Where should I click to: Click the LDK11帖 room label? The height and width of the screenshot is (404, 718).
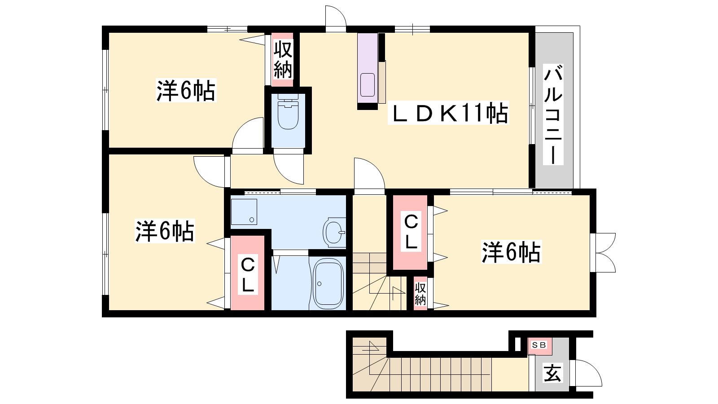pyautogui.click(x=448, y=113)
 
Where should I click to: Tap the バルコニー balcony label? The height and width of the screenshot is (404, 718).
pyautogui.click(x=553, y=114)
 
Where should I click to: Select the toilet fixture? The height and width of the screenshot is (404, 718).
pyautogui.click(x=288, y=112)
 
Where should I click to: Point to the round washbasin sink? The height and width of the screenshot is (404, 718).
pyautogui.click(x=334, y=233)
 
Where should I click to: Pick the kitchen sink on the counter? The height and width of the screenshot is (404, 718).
pyautogui.click(x=368, y=85)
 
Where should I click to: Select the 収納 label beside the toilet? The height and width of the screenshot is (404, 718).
pyautogui.click(x=283, y=60)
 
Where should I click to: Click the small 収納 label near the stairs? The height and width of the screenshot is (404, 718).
pyautogui.click(x=420, y=294)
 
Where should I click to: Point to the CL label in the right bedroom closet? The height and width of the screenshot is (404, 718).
pyautogui.click(x=411, y=232)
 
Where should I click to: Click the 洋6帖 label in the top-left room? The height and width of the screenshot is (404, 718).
pyautogui.click(x=186, y=90)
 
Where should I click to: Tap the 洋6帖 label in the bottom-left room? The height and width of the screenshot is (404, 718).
pyautogui.click(x=164, y=231)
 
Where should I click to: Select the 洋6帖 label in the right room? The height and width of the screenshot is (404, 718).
pyautogui.click(x=512, y=252)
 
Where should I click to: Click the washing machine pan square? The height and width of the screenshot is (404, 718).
pyautogui.click(x=244, y=211)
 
